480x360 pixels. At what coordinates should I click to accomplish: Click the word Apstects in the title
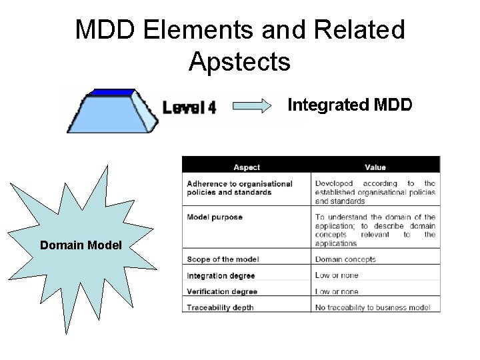pyautogui.click(x=239, y=61)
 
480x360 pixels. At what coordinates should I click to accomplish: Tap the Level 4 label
pyautogui.click(x=190, y=107)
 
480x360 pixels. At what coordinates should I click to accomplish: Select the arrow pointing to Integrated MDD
pyautogui.click(x=253, y=105)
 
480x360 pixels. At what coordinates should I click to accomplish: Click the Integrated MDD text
pyautogui.click(x=349, y=105)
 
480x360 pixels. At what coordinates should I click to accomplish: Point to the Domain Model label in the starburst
pyautogui.click(x=81, y=245)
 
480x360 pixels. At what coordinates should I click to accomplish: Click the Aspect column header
pyautogui.click(x=246, y=167)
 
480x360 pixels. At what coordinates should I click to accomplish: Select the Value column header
pyautogui.click(x=375, y=167)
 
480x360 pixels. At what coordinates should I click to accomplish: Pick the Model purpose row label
pyautogui.click(x=215, y=217)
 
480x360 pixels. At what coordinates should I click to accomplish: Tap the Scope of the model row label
pyautogui.click(x=223, y=259)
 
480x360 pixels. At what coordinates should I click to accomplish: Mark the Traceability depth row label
pyautogui.click(x=219, y=307)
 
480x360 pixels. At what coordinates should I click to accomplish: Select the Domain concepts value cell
pyautogui.click(x=345, y=259)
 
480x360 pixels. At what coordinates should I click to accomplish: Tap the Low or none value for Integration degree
pyautogui.click(x=337, y=275)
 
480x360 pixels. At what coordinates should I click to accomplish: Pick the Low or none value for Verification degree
pyautogui.click(x=337, y=291)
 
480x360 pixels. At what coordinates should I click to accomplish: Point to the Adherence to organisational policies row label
pyautogui.click(x=239, y=188)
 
